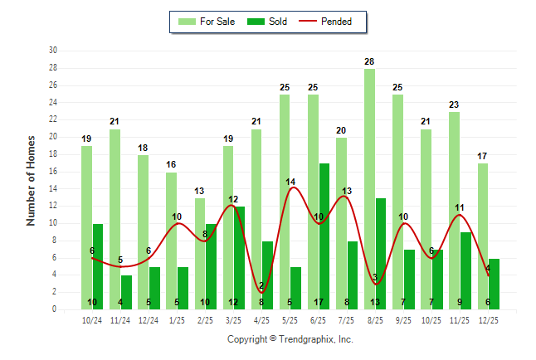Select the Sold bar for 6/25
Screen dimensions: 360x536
tap(324, 236)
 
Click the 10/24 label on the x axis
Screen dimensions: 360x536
tap(91, 320)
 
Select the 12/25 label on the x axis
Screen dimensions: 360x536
tap(488, 320)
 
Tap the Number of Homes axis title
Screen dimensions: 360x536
tap(31, 180)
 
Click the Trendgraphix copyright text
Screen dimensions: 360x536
tap(290, 339)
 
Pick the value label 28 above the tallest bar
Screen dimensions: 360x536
tap(369, 61)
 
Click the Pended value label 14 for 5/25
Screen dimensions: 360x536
tap(290, 182)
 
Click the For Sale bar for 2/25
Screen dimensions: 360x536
tap(199, 254)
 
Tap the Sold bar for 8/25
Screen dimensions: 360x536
tap(380, 254)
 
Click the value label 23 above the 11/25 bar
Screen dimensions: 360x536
tap(454, 105)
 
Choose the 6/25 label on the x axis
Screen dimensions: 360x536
tap(318, 320)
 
